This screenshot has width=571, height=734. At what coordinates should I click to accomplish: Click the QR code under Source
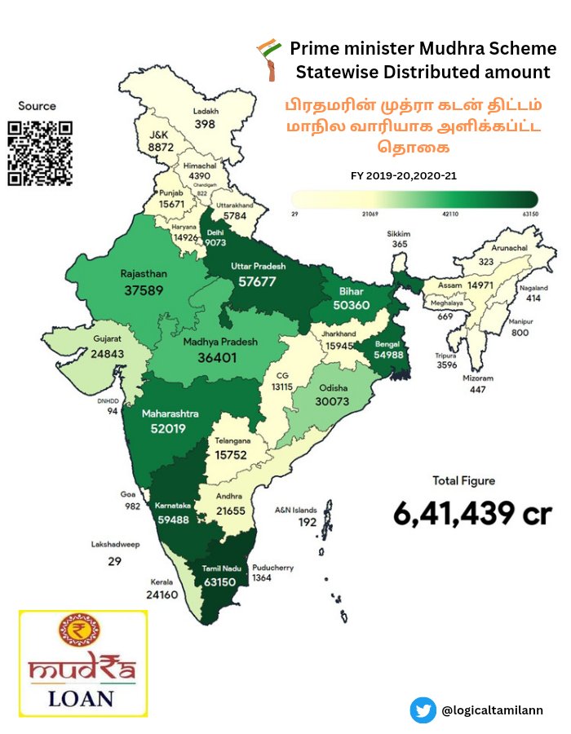pyautogui.click(x=40, y=153)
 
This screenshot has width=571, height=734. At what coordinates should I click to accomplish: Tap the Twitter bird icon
pyautogui.click(x=423, y=710)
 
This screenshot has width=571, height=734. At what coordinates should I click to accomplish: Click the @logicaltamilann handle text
pyautogui.click(x=492, y=711)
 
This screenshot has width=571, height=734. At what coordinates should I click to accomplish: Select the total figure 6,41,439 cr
pyautogui.click(x=472, y=514)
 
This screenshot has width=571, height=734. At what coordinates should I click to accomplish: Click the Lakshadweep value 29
pyautogui.click(x=114, y=562)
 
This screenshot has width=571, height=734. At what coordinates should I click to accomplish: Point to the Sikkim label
pyautogui.click(x=399, y=233)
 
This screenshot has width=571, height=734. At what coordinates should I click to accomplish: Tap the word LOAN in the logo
pyautogui.click(x=81, y=698)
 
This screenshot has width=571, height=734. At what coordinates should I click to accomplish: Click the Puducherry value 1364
pyautogui.click(x=285, y=578)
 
